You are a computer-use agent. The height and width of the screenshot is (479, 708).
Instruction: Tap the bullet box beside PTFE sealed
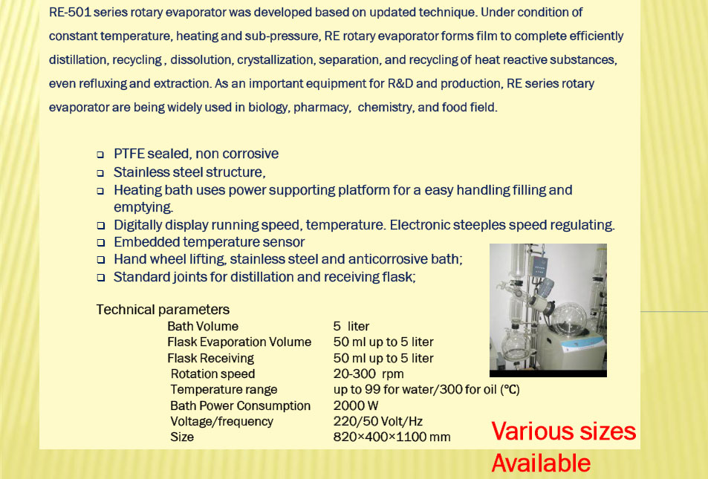coord(100,155)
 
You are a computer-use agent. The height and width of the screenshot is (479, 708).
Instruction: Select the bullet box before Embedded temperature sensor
coord(100,243)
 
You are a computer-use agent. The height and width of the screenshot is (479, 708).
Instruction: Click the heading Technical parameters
coord(163,310)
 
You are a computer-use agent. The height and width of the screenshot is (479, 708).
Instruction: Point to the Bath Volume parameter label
coord(203,327)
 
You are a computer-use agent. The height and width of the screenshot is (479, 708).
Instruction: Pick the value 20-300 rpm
coord(368,374)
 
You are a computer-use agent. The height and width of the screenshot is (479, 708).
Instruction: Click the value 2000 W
coord(356,405)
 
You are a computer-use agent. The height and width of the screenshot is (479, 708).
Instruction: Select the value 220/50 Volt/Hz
coord(378,421)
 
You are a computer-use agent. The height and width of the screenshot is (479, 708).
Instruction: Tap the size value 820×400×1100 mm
coord(392,437)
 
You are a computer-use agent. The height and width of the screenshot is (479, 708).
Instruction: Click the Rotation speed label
coord(212,374)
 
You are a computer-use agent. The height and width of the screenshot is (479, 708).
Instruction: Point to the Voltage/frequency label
coord(221,422)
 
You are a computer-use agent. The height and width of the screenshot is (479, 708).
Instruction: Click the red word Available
coord(541,463)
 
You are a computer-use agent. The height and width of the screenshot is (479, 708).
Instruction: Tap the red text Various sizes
coord(564,431)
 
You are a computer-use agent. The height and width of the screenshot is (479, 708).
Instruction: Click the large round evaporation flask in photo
coord(567,319)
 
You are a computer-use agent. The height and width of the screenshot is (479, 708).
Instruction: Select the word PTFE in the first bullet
coord(129,154)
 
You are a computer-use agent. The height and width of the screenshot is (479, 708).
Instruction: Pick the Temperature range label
coord(224,390)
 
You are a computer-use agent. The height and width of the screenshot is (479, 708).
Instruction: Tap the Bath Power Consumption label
coord(240,406)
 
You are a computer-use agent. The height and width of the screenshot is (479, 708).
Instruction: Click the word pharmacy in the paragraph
coord(322,108)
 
